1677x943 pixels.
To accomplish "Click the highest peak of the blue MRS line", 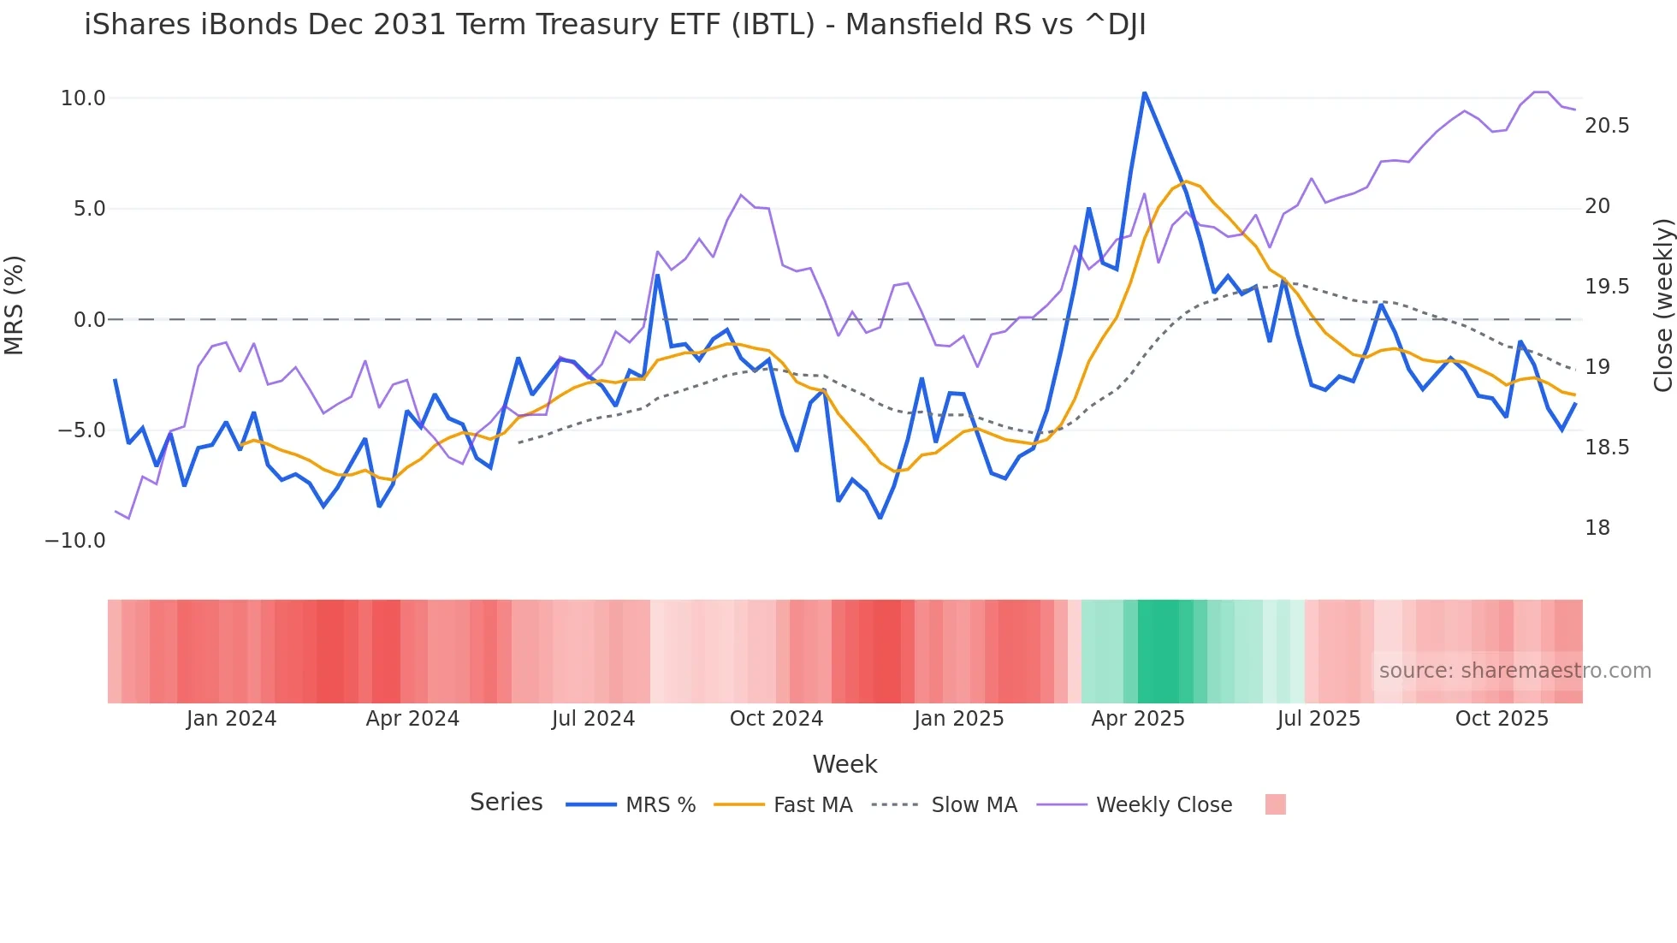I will [x=1144, y=93].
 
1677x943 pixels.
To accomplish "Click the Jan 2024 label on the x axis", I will [x=231, y=719].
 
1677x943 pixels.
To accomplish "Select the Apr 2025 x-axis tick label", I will [x=1137, y=719].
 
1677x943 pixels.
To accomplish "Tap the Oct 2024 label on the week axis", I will [x=776, y=719].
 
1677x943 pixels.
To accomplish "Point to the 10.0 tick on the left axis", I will [x=83, y=98].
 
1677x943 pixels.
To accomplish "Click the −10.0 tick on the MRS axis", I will [x=75, y=541].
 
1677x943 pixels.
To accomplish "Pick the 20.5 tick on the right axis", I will [x=1606, y=126].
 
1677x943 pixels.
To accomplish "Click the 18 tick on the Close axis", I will [x=1597, y=528].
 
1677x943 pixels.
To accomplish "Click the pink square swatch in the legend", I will [x=1275, y=804].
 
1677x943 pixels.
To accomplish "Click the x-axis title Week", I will [x=844, y=764].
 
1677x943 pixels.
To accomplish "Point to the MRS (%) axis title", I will [x=15, y=305].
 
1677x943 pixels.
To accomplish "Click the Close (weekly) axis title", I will [x=1662, y=305].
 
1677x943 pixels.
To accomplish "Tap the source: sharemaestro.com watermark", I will [x=1514, y=671].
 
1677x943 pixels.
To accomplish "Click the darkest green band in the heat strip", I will [x=1158, y=651].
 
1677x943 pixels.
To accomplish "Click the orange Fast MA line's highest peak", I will [x=1186, y=181].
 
